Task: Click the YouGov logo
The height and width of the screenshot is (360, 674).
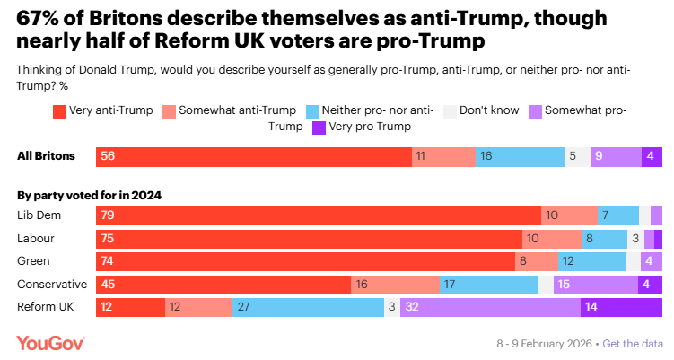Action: pyautogui.click(x=50, y=344)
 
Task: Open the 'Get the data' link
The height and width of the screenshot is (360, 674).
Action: pyautogui.click(x=634, y=344)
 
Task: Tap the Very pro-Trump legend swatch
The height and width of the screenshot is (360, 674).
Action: pyautogui.click(x=318, y=127)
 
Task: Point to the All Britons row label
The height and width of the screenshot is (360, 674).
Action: pyautogui.click(x=46, y=156)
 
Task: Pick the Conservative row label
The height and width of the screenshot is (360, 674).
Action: pyautogui.click(x=52, y=285)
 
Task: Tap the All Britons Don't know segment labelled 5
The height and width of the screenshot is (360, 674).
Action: pyautogui.click(x=578, y=156)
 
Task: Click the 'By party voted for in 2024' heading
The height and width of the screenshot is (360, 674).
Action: pyautogui.click(x=83, y=195)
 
